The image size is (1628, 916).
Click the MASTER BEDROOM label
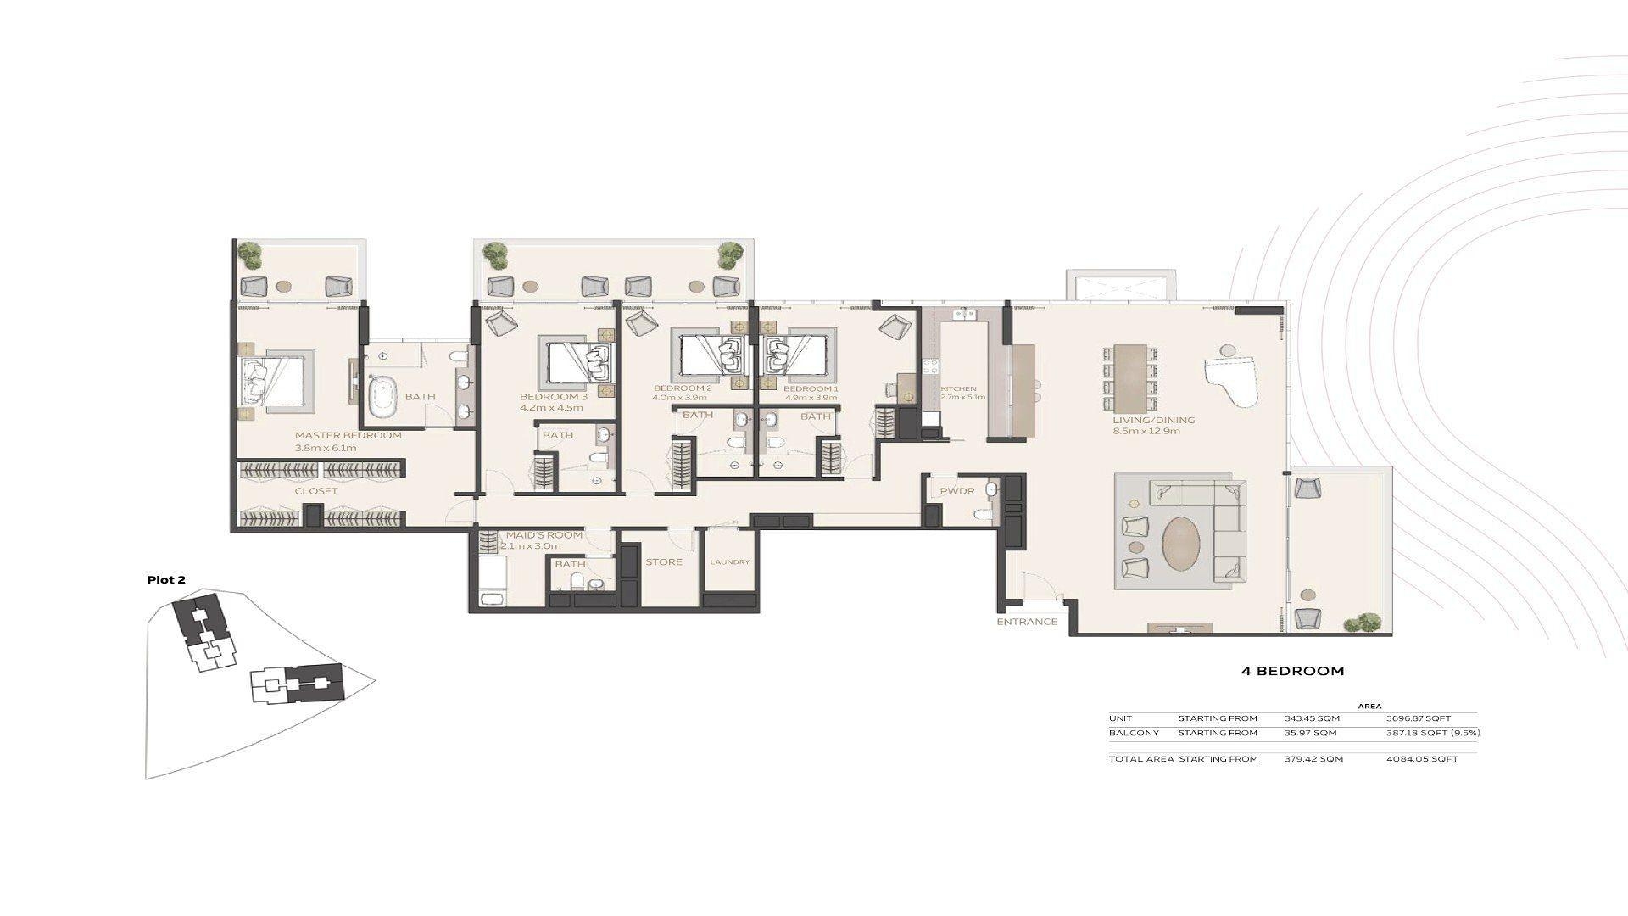pos(348,435)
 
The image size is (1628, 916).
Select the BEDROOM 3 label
pos(553,397)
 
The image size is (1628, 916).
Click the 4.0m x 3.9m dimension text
pos(679,397)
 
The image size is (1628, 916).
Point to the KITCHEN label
pos(959,389)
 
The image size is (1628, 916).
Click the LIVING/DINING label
pos(1154,420)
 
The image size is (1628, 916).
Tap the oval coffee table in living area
pos(1180,544)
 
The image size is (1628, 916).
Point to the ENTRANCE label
pos(1027,622)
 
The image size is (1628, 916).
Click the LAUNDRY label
pos(729,562)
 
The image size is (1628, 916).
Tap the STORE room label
pos(663,562)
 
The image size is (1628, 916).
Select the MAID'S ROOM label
pos(544,535)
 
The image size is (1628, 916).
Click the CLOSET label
pos(316,491)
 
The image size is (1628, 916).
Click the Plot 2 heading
pos(166,580)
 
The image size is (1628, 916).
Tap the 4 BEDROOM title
pos(1292,671)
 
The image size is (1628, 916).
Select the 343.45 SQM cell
pos(1312,718)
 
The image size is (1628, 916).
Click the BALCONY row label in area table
pos(1129,733)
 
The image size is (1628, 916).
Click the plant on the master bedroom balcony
pos(249,251)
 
